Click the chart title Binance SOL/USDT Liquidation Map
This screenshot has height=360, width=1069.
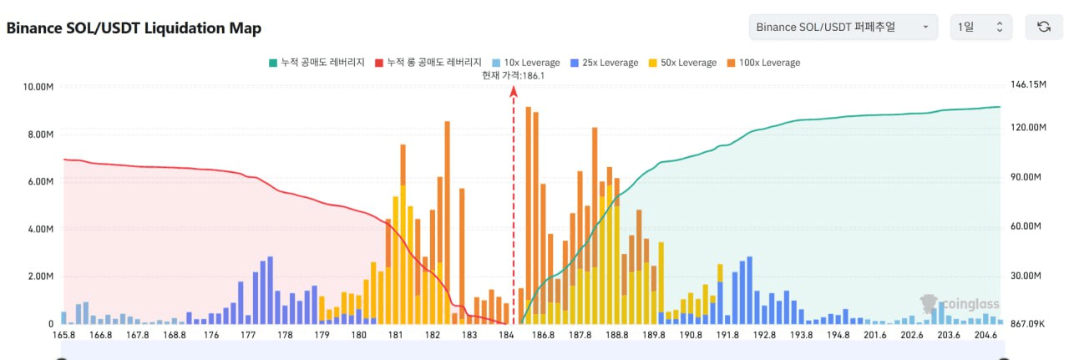(x=134, y=28)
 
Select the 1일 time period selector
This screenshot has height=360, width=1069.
(x=981, y=28)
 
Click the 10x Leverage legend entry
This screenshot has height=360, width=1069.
(x=527, y=63)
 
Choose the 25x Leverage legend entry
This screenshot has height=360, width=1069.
(x=604, y=63)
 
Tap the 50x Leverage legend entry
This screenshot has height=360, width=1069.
(x=682, y=63)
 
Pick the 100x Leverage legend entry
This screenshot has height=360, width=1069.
(x=763, y=63)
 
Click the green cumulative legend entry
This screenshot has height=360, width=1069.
(x=317, y=63)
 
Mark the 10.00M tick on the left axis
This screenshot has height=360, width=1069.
(x=39, y=87)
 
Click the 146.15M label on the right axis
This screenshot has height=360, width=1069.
(x=1028, y=85)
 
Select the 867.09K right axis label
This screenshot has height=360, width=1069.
(x=1029, y=324)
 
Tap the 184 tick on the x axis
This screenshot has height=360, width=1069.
(x=506, y=336)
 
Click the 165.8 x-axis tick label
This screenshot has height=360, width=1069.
(x=63, y=336)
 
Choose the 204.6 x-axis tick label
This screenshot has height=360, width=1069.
(x=986, y=336)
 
